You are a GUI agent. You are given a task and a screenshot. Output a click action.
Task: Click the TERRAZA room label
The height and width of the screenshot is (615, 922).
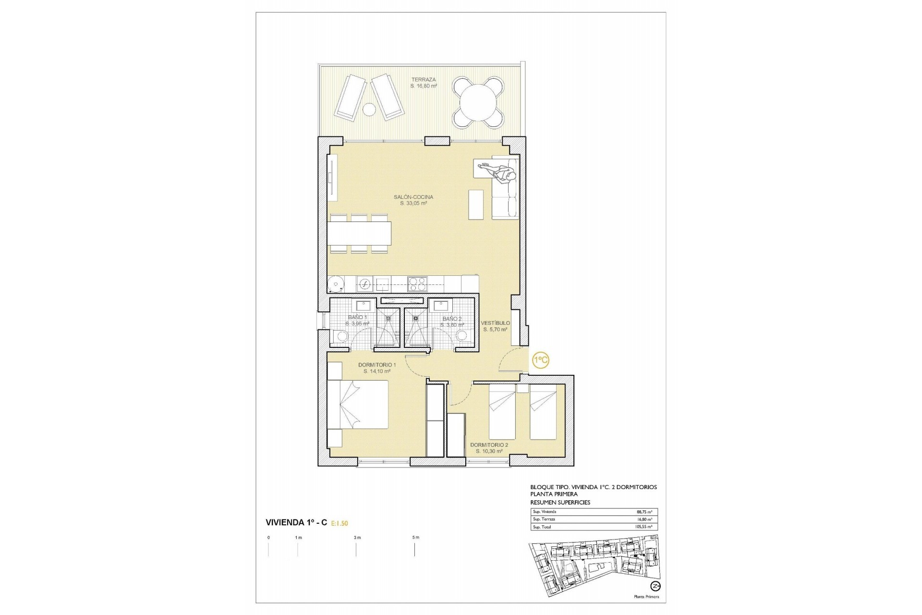423,80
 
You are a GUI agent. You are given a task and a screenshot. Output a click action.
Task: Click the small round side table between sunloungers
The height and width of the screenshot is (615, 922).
369,110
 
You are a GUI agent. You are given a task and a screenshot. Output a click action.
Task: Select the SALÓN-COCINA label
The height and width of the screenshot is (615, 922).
413,197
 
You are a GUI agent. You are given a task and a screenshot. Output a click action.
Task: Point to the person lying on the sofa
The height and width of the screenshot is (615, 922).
499,172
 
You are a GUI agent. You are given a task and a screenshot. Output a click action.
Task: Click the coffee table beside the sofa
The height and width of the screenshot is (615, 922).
476,205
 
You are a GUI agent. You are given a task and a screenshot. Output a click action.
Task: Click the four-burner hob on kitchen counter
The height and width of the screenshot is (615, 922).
417,284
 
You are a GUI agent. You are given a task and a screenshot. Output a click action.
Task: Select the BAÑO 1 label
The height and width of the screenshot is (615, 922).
357,318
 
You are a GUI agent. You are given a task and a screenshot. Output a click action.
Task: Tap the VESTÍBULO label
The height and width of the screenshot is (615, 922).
496,323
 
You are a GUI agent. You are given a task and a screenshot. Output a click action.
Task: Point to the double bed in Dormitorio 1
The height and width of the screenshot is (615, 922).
358,404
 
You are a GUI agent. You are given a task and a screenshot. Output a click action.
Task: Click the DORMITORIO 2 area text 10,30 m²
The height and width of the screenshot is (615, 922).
489,452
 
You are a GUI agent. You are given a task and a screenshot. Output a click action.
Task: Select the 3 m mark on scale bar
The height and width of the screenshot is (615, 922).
356,538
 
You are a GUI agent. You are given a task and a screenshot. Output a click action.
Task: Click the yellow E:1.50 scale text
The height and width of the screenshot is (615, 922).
339,523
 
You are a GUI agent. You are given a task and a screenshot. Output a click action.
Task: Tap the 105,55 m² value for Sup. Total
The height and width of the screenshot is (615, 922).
643,527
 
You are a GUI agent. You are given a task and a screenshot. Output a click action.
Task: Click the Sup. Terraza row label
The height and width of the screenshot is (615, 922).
544,519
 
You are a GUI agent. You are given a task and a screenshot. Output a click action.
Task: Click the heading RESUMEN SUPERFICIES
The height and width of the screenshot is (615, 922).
560,502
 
